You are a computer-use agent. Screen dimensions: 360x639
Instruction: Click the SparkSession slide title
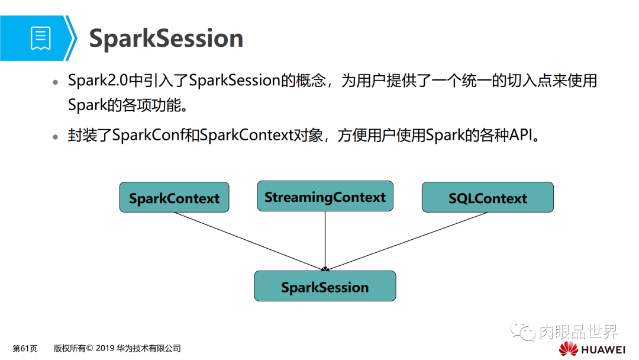(x=166, y=38)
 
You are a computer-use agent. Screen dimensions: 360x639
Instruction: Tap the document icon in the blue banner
(x=40, y=38)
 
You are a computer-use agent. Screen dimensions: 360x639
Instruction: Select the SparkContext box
(x=174, y=198)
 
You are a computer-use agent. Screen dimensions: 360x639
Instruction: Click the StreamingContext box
(x=325, y=197)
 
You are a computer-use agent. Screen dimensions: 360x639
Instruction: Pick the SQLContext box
(x=488, y=198)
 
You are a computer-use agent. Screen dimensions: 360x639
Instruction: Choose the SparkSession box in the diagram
(x=325, y=287)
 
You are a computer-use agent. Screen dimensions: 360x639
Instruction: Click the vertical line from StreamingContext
(x=325, y=237)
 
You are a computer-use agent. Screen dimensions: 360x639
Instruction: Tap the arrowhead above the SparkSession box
(x=325, y=268)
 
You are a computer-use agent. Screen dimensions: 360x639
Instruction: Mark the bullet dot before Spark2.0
(x=56, y=82)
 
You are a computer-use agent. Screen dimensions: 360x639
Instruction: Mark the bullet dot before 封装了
(x=56, y=136)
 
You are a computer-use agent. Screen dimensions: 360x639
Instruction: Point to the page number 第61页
(x=25, y=348)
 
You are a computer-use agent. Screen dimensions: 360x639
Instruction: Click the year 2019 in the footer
(x=105, y=348)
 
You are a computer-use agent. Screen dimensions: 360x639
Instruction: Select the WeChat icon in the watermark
(x=523, y=330)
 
